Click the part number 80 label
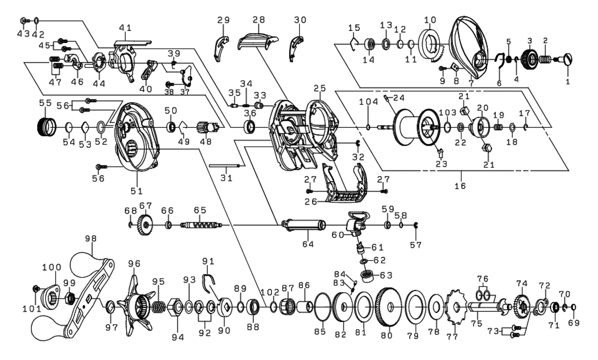pos(387,335)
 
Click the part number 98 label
pos(91,238)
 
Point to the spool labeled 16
pos(417,127)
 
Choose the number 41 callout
pos(126,27)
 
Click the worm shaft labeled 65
pos(201,225)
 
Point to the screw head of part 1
pos(568,59)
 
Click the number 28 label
pos(259,19)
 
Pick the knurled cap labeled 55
pos(47,127)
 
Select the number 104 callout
pos(368,102)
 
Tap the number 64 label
pos(308,244)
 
